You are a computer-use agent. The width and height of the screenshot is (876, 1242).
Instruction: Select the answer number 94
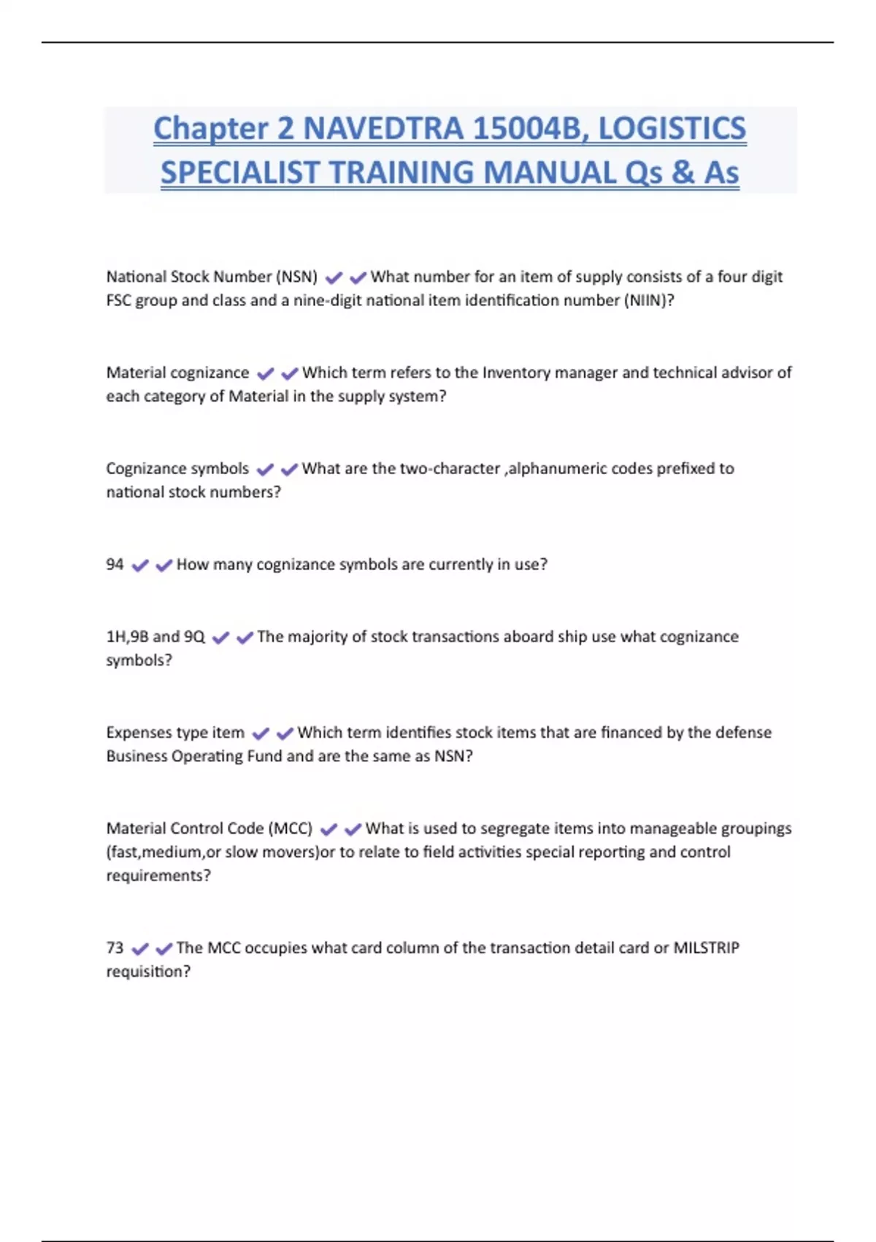point(115,564)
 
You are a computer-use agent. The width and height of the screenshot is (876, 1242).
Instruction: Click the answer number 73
point(115,948)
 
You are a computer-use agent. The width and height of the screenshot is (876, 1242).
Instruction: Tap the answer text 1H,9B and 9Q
point(155,636)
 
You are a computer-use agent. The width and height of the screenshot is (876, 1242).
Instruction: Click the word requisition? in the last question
point(148,972)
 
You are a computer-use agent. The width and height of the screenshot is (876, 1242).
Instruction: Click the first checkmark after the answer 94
point(140,565)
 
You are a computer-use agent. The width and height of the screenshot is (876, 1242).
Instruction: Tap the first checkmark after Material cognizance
point(266,373)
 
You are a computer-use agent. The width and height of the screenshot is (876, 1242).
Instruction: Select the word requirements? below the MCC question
point(158,875)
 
